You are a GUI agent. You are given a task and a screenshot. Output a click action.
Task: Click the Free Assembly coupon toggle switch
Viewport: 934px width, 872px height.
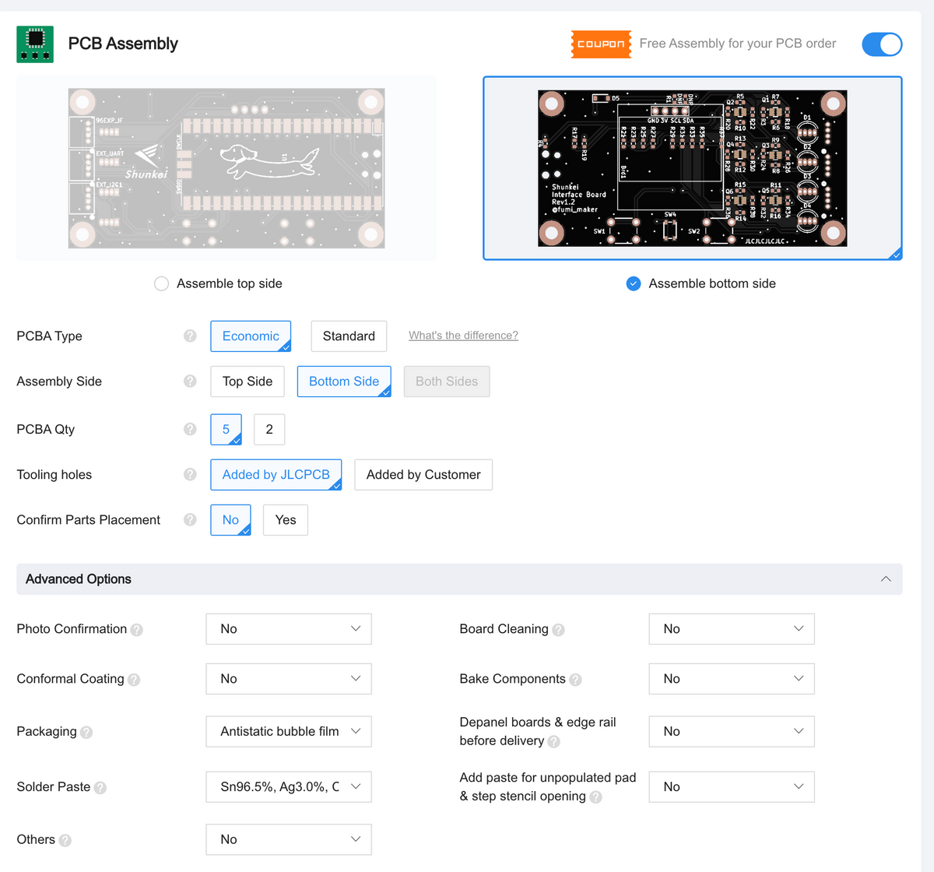[882, 44]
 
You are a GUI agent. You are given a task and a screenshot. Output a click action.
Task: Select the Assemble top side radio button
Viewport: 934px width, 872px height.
[162, 283]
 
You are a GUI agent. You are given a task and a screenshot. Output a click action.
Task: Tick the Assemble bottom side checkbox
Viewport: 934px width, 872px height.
[634, 283]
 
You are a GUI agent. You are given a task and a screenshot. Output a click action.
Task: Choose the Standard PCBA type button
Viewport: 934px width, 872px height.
[349, 336]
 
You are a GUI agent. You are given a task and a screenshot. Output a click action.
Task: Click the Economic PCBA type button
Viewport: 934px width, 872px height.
[251, 336]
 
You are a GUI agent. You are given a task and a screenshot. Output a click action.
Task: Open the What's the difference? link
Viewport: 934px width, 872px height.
[463, 336]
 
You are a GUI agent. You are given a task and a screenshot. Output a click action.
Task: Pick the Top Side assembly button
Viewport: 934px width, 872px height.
[248, 381]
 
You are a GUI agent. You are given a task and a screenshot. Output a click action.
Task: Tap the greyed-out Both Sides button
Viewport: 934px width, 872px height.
[447, 381]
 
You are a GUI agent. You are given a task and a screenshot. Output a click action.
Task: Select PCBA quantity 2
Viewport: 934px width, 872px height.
[269, 429]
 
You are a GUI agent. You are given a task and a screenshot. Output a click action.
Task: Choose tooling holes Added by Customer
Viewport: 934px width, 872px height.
[423, 475]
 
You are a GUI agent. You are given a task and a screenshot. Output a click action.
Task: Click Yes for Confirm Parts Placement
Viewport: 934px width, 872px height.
[286, 520]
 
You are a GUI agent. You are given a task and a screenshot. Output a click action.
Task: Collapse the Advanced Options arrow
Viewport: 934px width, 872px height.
[886, 579]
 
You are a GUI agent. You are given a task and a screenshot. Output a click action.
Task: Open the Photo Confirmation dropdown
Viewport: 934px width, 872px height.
[289, 629]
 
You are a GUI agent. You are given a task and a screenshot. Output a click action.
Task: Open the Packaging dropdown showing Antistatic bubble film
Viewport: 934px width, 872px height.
[289, 732]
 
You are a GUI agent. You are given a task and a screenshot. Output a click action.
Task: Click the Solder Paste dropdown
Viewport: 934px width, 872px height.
[289, 787]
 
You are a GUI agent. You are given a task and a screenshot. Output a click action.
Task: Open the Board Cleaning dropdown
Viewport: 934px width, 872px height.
[732, 629]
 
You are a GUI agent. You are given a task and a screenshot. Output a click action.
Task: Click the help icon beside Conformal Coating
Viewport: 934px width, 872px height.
[134, 680]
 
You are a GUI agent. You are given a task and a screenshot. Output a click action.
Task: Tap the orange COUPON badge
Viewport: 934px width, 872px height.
[601, 44]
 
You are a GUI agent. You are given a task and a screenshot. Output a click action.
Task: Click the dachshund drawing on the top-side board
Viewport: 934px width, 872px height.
[269, 160]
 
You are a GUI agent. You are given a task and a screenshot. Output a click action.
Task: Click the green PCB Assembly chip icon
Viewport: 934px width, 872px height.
[35, 44]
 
